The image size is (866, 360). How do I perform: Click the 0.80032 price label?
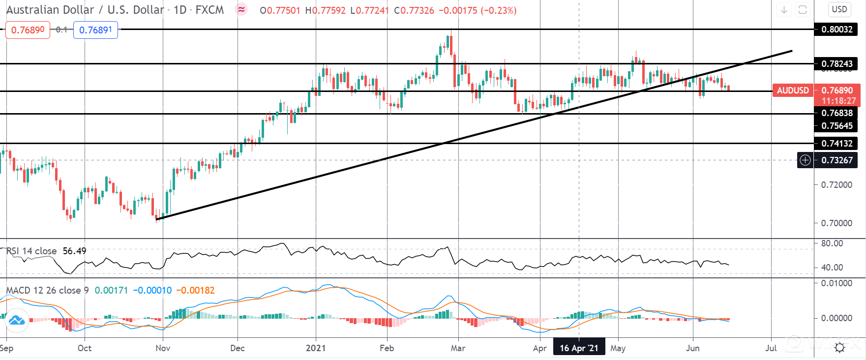click(837, 30)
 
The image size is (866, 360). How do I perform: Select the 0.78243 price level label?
click(837, 64)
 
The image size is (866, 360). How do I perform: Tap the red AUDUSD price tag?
click(793, 90)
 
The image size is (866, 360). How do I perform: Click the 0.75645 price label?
click(837, 126)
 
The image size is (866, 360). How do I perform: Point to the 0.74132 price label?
click(837, 144)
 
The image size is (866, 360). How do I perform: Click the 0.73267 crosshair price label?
click(837, 160)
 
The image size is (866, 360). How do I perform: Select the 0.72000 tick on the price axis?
click(836, 185)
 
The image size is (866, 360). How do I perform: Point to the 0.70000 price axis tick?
click(836, 223)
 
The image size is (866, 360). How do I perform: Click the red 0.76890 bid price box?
click(28, 30)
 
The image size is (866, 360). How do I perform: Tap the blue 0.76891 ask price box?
click(95, 30)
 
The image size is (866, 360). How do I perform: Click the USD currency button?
click(839, 9)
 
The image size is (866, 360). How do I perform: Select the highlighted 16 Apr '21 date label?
click(579, 348)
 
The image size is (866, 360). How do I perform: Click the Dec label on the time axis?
click(237, 348)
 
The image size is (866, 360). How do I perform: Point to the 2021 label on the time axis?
click(316, 348)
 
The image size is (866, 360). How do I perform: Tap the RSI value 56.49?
click(74, 251)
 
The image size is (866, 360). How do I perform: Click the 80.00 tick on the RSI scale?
click(832, 243)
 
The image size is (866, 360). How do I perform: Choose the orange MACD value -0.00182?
click(195, 291)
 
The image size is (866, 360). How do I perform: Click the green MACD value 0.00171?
click(111, 291)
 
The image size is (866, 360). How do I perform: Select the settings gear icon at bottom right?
click(839, 348)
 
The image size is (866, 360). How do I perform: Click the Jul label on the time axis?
click(771, 348)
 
